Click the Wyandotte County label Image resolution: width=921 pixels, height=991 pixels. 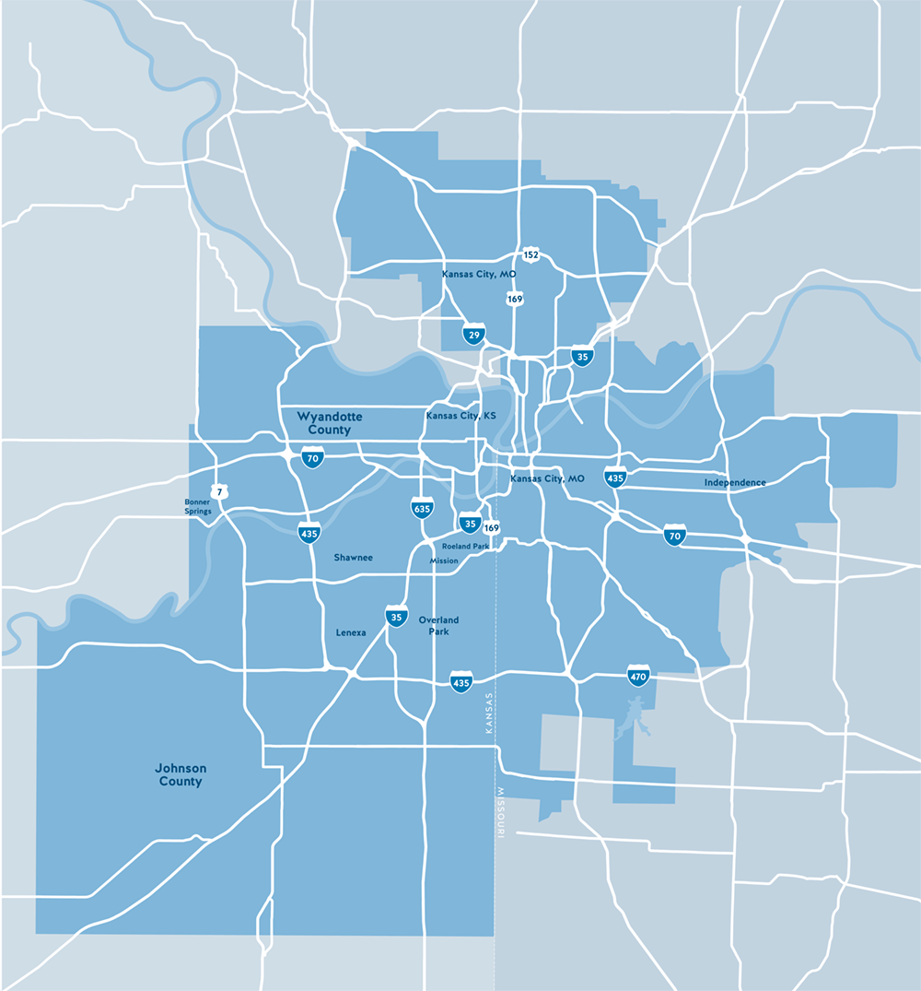coord(330,423)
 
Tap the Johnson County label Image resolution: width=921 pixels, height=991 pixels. coord(181,774)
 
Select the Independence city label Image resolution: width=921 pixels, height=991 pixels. coord(735,483)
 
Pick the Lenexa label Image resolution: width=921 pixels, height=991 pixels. coord(351,632)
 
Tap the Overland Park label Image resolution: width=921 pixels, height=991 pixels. coord(438,626)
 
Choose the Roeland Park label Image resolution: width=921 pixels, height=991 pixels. coord(465,547)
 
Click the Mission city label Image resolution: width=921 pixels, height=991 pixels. coord(443,560)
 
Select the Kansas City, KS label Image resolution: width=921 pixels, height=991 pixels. coord(460,417)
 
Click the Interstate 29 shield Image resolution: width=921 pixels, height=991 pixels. coord(474,336)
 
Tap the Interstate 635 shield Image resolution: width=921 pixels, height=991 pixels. coord(422,508)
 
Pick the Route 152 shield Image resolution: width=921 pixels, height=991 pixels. coord(530,254)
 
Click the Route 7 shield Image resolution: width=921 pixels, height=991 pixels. coord(218,490)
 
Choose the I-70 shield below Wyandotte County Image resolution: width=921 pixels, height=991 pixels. coord(313,456)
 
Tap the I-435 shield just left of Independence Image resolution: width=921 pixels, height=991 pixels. coord(615,478)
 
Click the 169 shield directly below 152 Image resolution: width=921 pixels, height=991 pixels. coord(515,299)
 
